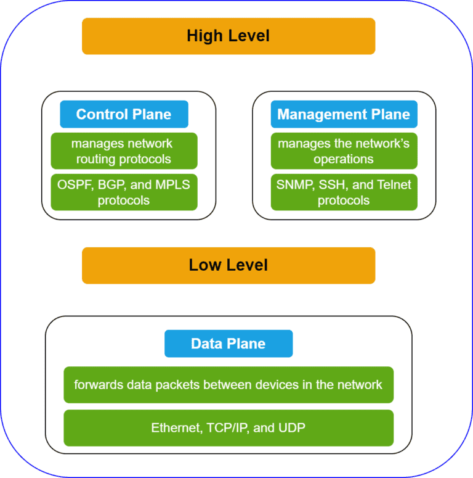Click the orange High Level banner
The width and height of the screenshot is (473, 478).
(x=228, y=36)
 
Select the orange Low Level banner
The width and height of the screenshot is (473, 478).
(x=228, y=265)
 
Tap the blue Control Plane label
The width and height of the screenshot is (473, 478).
(x=124, y=114)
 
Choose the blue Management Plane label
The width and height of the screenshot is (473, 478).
(x=344, y=114)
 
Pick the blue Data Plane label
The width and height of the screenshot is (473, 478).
(x=228, y=344)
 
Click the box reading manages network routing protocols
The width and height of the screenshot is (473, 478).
(x=124, y=151)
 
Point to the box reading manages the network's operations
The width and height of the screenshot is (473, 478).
(x=344, y=151)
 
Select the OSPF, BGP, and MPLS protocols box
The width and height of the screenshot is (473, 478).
(x=124, y=192)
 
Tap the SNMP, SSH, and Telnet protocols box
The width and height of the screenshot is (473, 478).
(x=344, y=192)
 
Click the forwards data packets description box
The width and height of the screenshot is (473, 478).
(x=228, y=385)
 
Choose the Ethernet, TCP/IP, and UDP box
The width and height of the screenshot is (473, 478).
(x=228, y=427)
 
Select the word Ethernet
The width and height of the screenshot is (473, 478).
(x=173, y=427)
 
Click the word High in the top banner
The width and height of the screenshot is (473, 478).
(x=204, y=36)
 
